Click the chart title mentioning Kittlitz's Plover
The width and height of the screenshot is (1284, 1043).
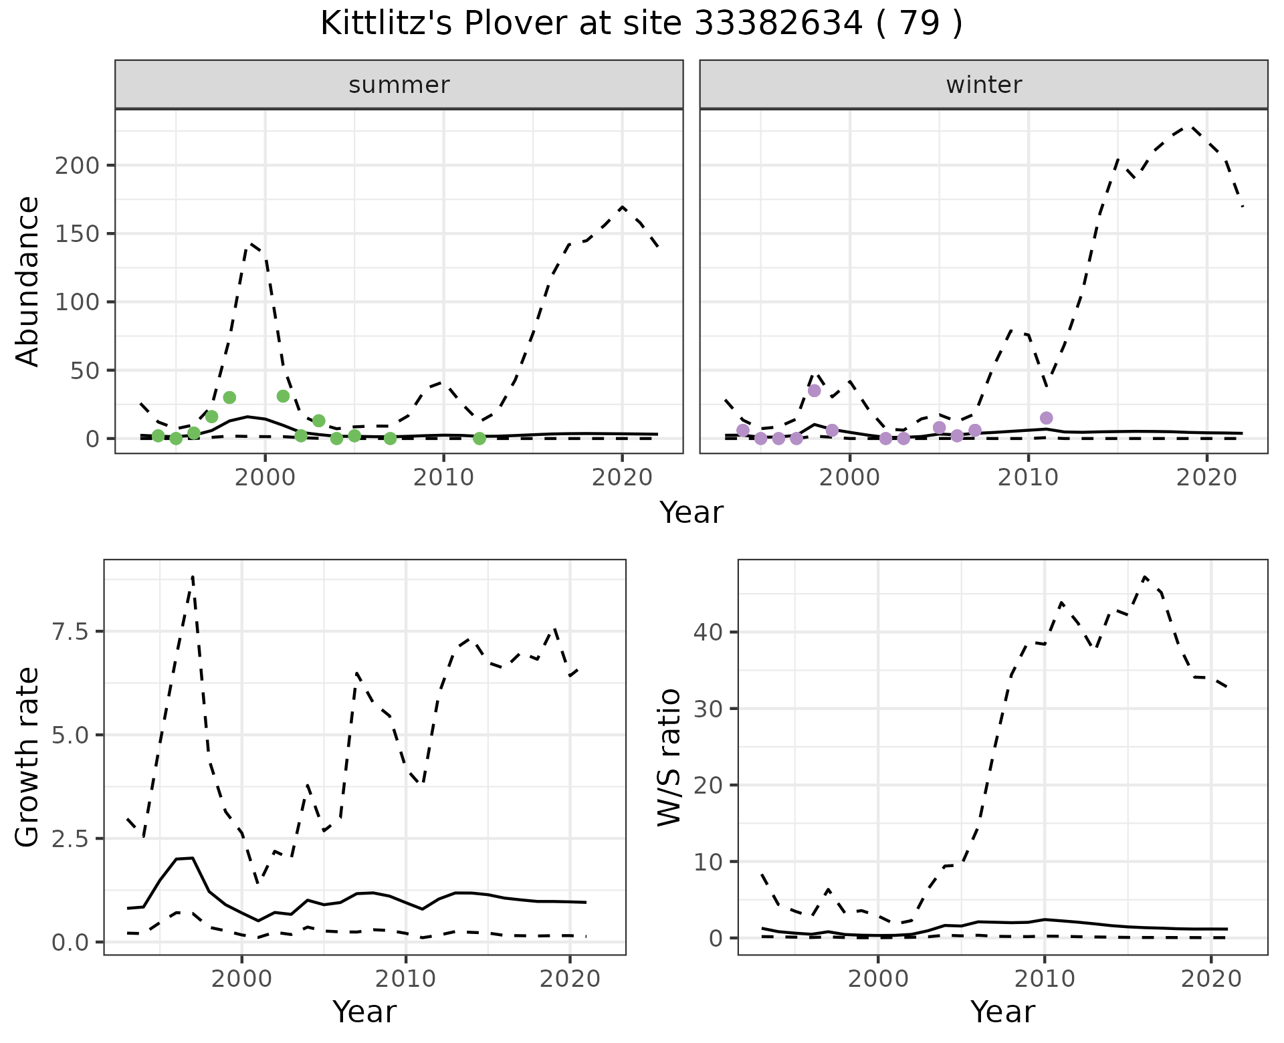pos(641,25)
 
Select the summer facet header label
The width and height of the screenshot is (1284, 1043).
pos(399,85)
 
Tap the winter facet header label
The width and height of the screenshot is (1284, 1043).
pos(984,85)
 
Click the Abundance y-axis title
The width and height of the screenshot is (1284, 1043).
pos(28,281)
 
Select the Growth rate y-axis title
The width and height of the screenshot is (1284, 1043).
pos(28,757)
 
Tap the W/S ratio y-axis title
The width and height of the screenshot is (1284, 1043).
pos(669,757)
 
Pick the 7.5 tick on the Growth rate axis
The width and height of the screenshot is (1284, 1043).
pos(70,632)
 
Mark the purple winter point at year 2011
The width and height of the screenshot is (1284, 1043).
pos(1047,418)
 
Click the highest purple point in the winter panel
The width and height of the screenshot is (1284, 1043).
pos(814,390)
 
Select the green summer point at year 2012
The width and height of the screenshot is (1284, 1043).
pos(479,439)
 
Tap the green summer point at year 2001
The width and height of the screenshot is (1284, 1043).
pos(283,396)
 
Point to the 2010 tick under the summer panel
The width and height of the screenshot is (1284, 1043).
pos(443,478)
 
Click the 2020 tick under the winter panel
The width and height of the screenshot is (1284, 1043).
pos(1207,478)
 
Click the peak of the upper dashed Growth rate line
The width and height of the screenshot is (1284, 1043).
pos(193,576)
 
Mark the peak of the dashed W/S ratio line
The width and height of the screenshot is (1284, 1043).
pos(1145,576)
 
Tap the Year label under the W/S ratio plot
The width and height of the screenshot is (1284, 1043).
pos(1002,1012)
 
